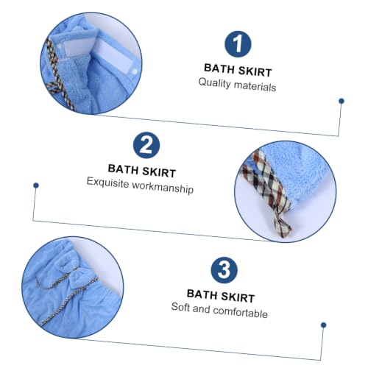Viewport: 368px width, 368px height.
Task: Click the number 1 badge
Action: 238,44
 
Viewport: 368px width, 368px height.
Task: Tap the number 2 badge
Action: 146,145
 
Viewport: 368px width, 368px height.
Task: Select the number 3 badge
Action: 224,270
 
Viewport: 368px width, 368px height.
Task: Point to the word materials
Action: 255,86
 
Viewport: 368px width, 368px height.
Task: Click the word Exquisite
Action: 107,183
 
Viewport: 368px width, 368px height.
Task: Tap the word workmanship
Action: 163,188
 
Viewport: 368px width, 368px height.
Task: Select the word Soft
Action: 180,307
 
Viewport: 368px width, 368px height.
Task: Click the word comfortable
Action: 240,312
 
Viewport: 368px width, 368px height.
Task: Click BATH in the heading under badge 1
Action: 219,68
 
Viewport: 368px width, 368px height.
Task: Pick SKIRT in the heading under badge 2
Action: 159,172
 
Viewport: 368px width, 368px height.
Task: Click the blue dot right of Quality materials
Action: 342,101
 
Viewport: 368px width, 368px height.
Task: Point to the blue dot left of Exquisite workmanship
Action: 36,185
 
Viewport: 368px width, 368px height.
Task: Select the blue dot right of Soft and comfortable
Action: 323,325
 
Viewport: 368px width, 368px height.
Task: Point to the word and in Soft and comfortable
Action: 202,308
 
